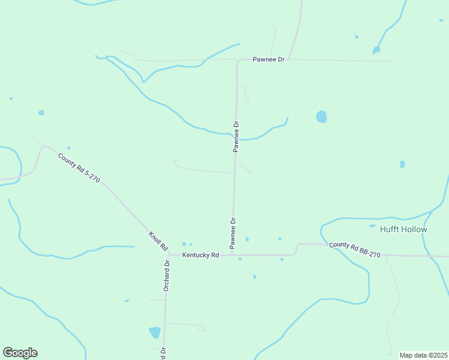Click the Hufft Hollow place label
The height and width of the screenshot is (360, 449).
point(403,230)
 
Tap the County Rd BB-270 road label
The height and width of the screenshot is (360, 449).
point(354,250)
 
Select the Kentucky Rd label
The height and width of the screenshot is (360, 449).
point(201,255)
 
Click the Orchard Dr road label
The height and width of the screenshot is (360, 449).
point(167,276)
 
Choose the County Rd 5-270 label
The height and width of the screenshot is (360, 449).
point(79,168)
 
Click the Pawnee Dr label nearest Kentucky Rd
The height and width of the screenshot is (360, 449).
point(233,233)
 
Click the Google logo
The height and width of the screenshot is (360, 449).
point(20,353)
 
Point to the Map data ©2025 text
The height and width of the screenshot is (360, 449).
point(423,355)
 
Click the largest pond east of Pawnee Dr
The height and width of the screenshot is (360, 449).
point(321,116)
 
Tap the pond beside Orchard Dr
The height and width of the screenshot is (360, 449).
point(155,332)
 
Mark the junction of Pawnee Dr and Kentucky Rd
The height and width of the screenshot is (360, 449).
point(232,255)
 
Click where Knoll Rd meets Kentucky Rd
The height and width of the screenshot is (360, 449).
point(169,255)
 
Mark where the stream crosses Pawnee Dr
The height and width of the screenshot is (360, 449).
point(235,137)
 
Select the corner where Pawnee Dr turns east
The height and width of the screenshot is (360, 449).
point(238,61)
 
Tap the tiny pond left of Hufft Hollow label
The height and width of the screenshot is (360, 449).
point(373,226)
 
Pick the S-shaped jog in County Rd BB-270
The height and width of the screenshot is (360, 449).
point(297,248)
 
